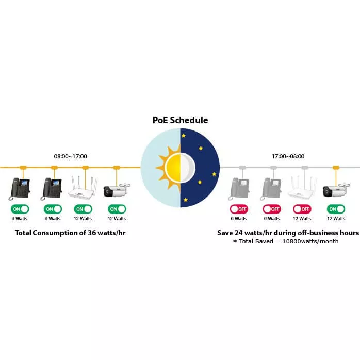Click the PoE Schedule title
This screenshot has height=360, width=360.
180,120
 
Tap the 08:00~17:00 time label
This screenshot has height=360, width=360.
71,156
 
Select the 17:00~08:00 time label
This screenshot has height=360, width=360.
288,156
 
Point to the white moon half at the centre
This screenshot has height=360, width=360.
188,168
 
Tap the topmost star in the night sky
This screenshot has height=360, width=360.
184,136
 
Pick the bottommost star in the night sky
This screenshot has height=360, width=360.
186,200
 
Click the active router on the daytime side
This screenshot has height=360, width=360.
83,187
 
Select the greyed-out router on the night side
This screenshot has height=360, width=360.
302,187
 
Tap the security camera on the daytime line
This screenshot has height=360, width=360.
117,190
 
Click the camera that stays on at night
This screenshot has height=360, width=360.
336,190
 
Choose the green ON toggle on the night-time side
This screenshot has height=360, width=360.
336,209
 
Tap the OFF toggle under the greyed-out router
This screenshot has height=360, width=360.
302,209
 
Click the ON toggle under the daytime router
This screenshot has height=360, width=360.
83,209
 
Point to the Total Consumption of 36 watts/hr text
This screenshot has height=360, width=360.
70,233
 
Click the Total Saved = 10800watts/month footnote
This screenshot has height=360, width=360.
286,241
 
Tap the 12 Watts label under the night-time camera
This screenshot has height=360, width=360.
336,219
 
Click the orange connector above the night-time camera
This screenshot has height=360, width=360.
336,168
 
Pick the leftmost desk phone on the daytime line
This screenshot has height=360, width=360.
20,189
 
